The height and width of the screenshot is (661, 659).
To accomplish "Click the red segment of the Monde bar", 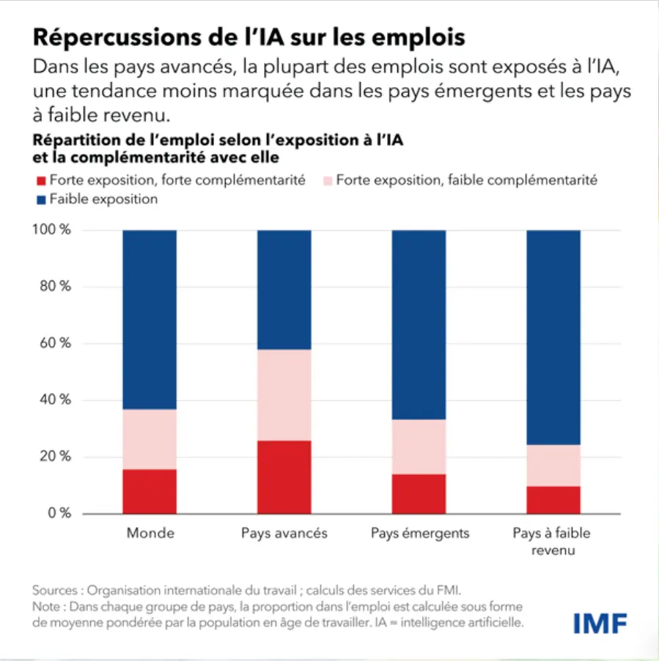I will (x=150, y=491).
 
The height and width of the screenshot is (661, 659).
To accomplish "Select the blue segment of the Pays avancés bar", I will (x=284, y=289).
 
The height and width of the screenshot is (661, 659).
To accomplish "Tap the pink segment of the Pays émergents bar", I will (x=419, y=446).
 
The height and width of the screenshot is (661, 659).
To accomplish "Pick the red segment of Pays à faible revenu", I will (x=553, y=499).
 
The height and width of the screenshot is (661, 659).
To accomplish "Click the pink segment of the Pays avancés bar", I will (x=284, y=394).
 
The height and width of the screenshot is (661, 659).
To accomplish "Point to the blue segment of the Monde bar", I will (x=150, y=319).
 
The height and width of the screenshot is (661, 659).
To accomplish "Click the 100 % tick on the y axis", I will (x=54, y=230).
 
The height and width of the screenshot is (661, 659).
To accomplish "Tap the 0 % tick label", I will (x=59, y=513).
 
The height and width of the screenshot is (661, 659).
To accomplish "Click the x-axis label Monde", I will (x=150, y=533).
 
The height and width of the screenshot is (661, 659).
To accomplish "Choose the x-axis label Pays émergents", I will (x=419, y=533).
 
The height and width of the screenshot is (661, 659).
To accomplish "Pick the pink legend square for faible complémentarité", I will (x=327, y=180).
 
